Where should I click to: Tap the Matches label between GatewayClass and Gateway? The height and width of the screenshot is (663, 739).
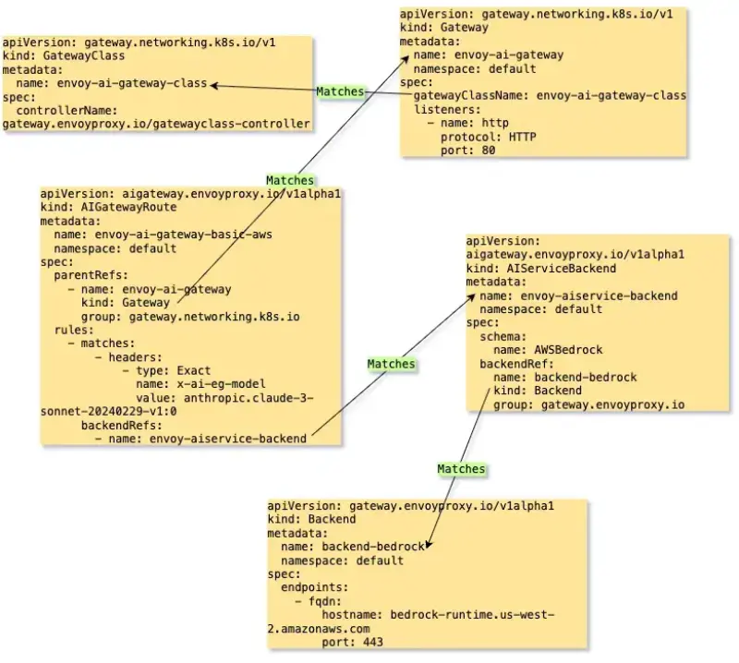coord(340,91)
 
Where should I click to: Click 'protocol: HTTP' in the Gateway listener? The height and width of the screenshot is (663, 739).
coord(488,137)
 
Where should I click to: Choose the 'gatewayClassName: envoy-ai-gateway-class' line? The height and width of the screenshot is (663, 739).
coord(549,95)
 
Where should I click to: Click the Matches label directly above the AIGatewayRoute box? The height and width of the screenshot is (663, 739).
coord(290,180)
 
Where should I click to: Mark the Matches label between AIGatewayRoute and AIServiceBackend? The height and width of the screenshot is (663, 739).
coord(391,364)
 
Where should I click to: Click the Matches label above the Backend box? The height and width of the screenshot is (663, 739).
coord(461,468)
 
